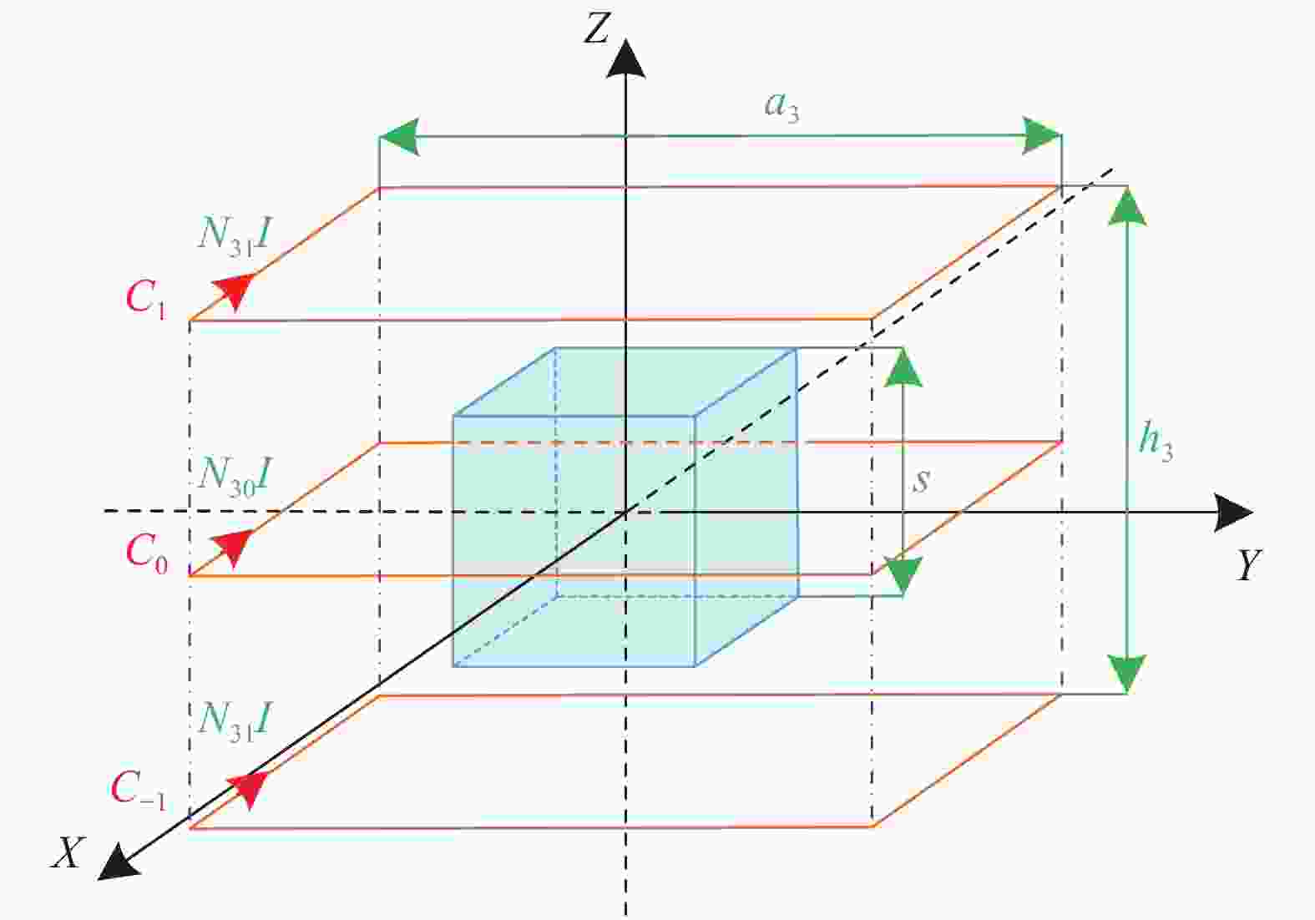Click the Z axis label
[x=597, y=28]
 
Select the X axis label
[x=68, y=852]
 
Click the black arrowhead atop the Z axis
[x=626, y=58]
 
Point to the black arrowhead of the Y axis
[x=1233, y=513]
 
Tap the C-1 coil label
[x=139, y=790]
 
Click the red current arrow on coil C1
[x=235, y=290]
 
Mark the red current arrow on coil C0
[x=233, y=547]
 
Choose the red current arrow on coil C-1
[x=249, y=789]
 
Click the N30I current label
[x=235, y=478]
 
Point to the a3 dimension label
[x=781, y=107]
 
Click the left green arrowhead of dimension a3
[x=400, y=137]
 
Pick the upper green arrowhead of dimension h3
[x=1127, y=206]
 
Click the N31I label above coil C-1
[x=235, y=722]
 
